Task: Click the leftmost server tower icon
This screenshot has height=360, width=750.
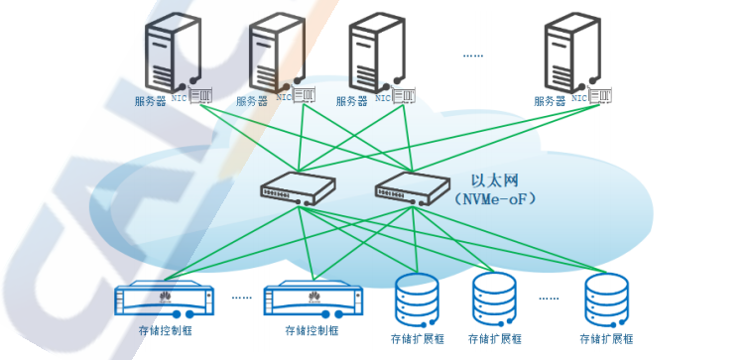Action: click(173, 53)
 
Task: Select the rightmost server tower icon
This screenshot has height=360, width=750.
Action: click(572, 53)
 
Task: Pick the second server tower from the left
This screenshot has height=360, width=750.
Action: click(277, 53)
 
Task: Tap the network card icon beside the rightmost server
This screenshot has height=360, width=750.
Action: click(600, 95)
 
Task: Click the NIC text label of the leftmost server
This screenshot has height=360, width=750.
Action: click(180, 98)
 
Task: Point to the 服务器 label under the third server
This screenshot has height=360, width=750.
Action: click(351, 101)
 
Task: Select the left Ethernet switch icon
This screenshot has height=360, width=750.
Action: click(298, 188)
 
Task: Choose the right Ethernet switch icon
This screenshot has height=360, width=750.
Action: click(413, 188)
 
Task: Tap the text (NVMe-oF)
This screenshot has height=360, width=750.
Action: click(496, 198)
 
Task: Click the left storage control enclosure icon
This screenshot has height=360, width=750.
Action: click(164, 300)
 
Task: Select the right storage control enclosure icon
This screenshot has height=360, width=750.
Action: click(313, 300)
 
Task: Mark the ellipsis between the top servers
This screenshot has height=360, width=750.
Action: click(472, 56)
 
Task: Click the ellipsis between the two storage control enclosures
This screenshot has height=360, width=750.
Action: click(241, 298)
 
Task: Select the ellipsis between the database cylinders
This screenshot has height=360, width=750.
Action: click(549, 299)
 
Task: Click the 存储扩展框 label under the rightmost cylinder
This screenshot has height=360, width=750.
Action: click(606, 339)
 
